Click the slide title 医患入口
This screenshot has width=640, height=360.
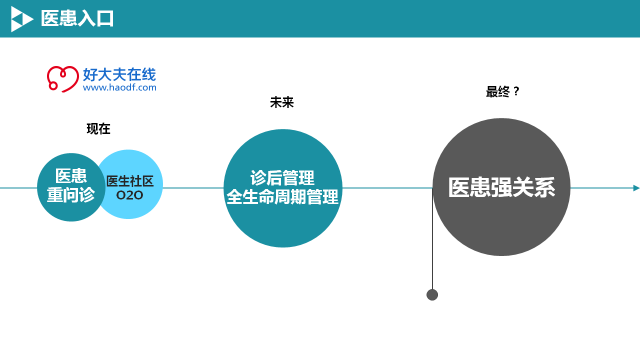77,18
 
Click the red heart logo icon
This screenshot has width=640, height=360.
63,79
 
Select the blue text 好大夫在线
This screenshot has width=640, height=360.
119,74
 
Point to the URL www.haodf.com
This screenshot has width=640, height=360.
119,88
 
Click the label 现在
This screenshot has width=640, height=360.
98,128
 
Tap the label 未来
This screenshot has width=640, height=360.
282,102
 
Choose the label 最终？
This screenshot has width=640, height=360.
503,91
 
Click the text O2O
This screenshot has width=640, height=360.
130,196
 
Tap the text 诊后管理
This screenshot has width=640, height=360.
282,177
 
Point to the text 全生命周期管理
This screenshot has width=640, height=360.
282,197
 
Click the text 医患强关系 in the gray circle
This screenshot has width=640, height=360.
501,187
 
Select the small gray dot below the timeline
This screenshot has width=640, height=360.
432,295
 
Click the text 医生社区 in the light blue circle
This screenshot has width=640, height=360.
130,180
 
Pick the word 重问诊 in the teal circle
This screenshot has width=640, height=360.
71,196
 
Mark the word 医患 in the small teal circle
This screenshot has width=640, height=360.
71,175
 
